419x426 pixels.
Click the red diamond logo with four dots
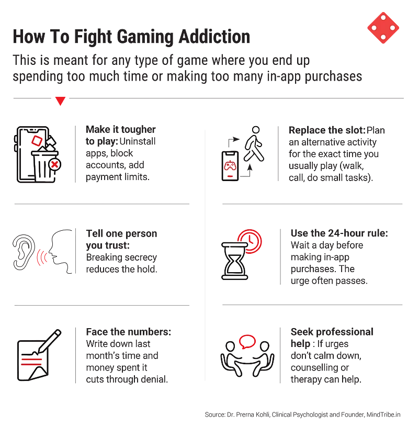point(383,27)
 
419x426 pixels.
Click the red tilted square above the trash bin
point(37,140)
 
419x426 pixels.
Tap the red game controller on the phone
point(230,166)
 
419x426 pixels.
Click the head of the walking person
point(255,130)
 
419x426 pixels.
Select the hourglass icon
point(234,260)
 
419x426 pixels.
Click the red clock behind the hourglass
point(250,240)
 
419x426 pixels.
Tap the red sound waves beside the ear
point(40,257)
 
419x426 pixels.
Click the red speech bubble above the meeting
point(247,341)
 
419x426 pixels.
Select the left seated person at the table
point(230,358)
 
